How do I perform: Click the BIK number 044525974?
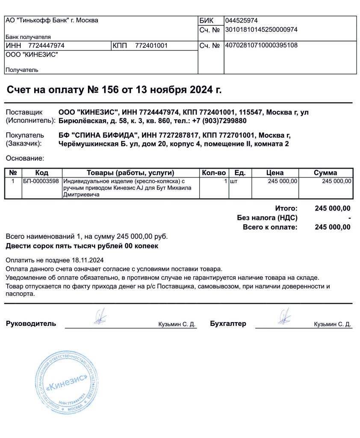241,21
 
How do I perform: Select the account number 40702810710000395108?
261,45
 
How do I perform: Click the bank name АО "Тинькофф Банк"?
51,21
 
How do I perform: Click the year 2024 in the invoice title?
202,90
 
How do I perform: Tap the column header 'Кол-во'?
213,173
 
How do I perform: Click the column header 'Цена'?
274,173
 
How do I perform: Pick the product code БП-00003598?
41,181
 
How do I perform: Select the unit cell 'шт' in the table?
233,181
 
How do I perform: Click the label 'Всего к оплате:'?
270,227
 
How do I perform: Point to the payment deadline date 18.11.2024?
88,260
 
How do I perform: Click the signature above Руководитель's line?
100,317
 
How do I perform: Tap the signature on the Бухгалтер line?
284,317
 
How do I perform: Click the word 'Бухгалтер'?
228,324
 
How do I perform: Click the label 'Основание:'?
25,158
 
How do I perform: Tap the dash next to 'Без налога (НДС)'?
349,218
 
